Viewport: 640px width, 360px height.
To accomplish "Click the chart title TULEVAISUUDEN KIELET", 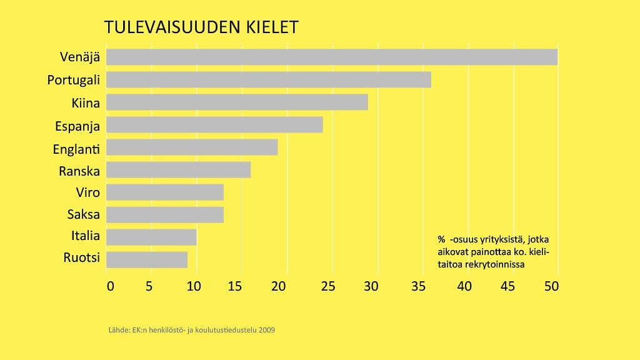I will [x=201, y=27].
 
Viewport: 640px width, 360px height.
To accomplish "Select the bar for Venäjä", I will [x=332, y=57].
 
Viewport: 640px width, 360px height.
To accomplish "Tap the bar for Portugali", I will [x=269, y=79].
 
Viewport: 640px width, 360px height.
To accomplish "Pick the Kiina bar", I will [x=237, y=102].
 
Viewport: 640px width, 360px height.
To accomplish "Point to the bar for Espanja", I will [x=214, y=124].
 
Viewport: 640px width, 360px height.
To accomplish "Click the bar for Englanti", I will [x=192, y=147].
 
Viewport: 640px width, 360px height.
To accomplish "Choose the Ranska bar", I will [x=178, y=170].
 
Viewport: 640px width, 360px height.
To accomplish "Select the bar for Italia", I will [x=151, y=237].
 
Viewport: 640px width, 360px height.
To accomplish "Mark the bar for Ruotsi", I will [x=147, y=259].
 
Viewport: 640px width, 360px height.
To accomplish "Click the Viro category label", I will [x=87, y=192].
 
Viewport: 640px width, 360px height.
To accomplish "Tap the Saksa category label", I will [x=84, y=214].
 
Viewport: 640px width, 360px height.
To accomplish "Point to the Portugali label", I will [x=74, y=80].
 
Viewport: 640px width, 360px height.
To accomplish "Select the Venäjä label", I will [x=80, y=57].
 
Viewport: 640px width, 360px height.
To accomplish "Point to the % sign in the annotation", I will [x=441, y=239].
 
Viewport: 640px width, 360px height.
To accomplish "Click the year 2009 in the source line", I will [x=267, y=329].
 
